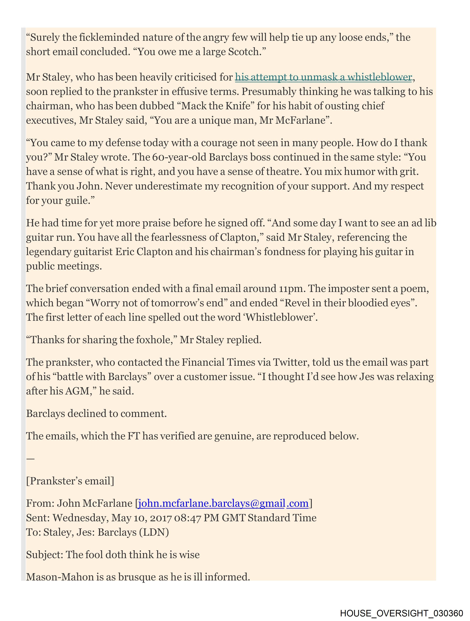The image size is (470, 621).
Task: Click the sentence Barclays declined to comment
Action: coord(96,413)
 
